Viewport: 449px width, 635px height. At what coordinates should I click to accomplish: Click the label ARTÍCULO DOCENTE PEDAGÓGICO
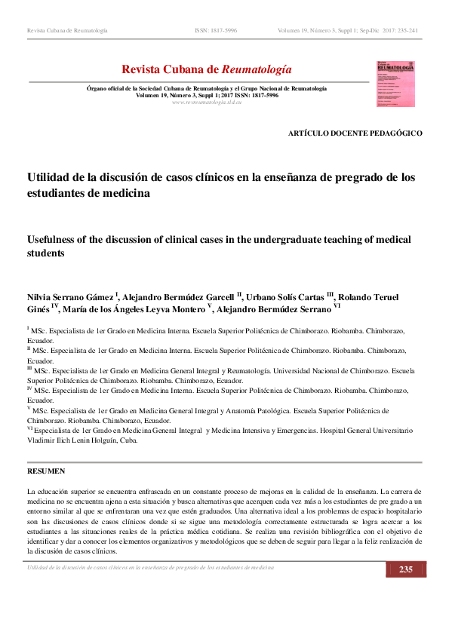[355, 133]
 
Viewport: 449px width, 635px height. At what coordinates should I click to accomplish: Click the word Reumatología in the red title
[254, 69]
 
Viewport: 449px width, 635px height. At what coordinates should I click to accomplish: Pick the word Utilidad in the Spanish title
[50, 177]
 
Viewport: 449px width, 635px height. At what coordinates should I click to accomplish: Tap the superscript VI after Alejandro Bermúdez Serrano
[337, 307]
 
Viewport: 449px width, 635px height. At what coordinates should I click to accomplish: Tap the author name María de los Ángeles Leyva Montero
[144, 309]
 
